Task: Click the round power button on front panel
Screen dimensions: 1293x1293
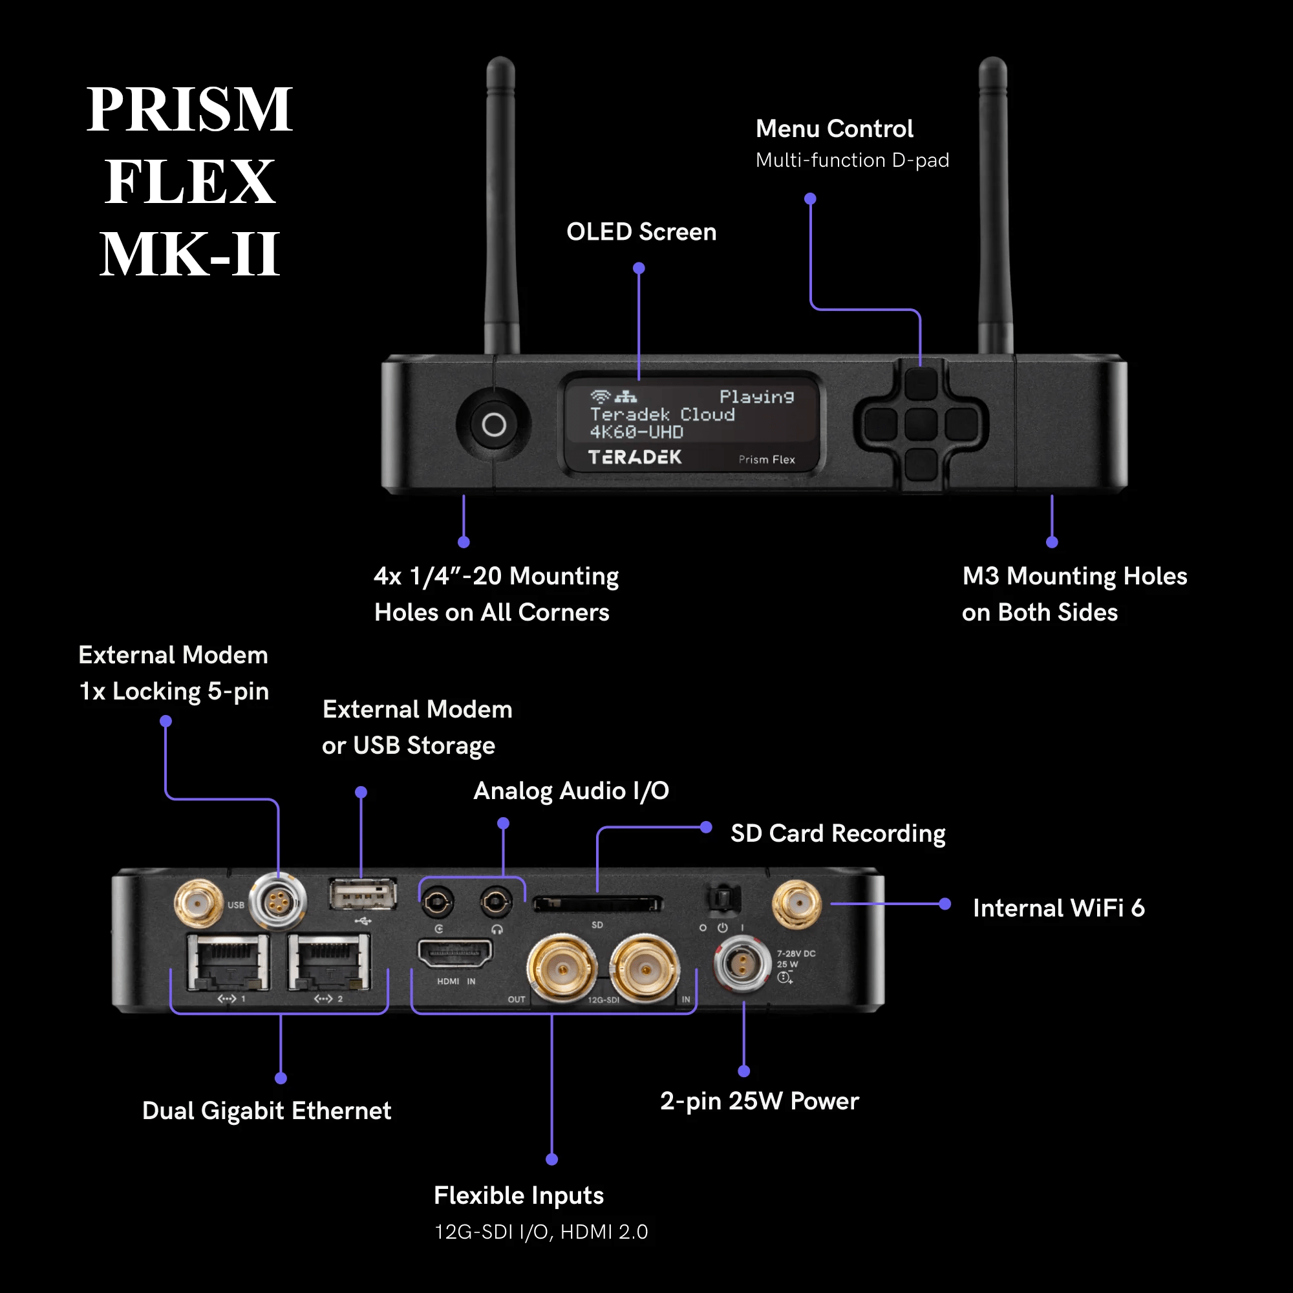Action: coord(494,424)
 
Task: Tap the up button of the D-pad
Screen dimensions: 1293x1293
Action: coord(920,384)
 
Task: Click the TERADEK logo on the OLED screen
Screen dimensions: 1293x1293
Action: coord(634,457)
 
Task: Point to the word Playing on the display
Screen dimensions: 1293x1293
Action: coord(756,397)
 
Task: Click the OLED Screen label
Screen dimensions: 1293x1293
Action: coord(641,231)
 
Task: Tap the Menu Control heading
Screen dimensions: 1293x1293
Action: coord(834,129)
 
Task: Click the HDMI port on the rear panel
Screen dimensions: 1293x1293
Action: coord(455,952)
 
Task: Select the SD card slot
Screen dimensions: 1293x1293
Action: coord(597,904)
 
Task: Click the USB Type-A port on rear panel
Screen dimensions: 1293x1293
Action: coord(362,894)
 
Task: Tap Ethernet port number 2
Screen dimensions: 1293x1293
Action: coord(328,963)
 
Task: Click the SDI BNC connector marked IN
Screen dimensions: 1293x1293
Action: coord(645,969)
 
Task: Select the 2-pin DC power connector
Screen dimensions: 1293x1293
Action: coord(742,964)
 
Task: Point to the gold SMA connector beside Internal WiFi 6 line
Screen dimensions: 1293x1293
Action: coord(796,904)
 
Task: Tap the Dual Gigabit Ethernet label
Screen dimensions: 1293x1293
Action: coord(266,1110)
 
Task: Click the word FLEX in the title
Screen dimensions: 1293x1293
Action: coord(189,182)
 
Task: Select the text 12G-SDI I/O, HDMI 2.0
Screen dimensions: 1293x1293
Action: coord(540,1232)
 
